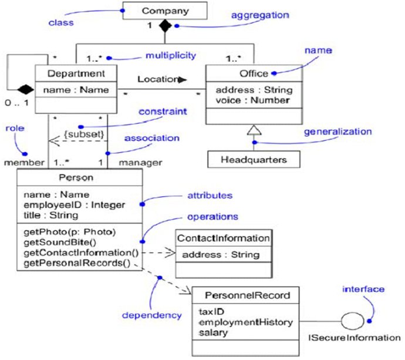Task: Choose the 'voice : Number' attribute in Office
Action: coord(252,100)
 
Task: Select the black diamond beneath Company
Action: coord(165,26)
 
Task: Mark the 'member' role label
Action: coord(23,162)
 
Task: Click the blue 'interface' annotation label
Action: coord(364,289)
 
